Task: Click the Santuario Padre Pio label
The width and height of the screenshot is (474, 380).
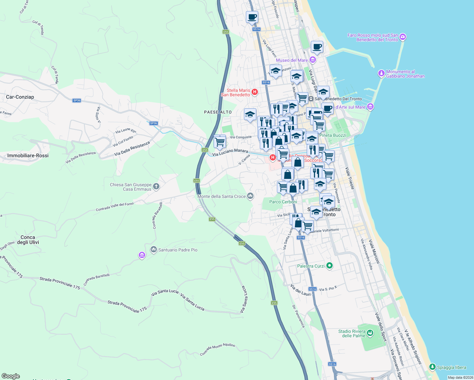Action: (178, 250)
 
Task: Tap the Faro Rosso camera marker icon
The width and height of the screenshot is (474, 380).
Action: (403, 37)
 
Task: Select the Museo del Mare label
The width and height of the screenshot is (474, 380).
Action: (291, 60)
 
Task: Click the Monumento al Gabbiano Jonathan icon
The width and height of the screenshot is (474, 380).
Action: (381, 74)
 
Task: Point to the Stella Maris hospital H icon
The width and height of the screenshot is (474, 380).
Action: (254, 92)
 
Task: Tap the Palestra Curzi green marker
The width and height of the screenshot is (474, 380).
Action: (329, 266)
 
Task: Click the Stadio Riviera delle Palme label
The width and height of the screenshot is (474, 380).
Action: (352, 333)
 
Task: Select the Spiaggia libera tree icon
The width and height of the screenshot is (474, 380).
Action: (432, 367)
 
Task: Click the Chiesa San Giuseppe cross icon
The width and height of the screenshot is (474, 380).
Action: (156, 187)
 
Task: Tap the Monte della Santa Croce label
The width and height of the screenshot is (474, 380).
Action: (221, 196)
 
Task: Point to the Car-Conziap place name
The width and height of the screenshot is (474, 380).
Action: (20, 97)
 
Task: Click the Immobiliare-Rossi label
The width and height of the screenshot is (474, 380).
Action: (28, 155)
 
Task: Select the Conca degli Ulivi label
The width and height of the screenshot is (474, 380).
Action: (28, 240)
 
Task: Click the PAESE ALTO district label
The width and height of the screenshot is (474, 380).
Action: (218, 112)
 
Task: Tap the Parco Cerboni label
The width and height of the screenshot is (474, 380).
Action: (283, 202)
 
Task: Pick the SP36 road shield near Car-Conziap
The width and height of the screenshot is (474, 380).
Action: (77, 100)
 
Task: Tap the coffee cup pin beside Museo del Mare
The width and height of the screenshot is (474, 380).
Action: (317, 47)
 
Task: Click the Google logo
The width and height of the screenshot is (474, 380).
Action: (11, 376)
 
